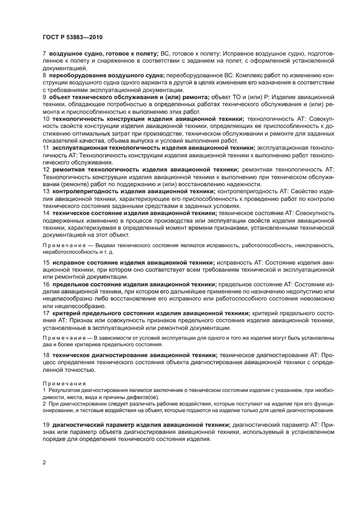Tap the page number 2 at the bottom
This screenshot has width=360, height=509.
tap(44, 461)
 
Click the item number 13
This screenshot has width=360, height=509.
tap(46, 191)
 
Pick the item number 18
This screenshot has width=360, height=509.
tap(46, 354)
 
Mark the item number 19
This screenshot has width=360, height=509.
tap(46, 424)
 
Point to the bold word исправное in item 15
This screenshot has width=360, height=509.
tap(68, 262)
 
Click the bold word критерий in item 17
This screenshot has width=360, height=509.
tap(66, 313)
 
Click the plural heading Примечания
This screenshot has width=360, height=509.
tap(61, 384)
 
